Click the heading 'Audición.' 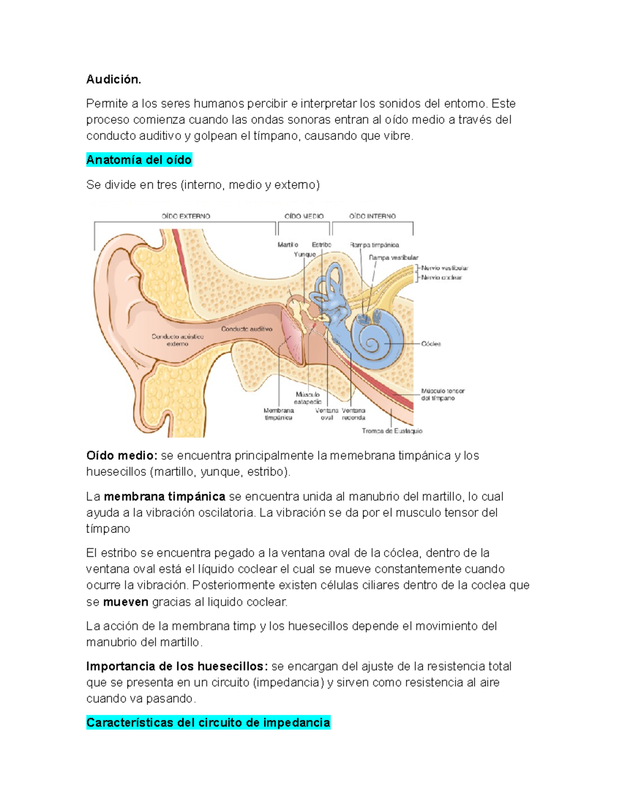click(x=114, y=79)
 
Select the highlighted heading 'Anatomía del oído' click(x=139, y=160)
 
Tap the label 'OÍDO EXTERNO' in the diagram click(x=186, y=216)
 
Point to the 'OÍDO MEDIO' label click(x=304, y=216)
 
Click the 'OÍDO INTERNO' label click(x=372, y=216)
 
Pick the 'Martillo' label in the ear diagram click(x=288, y=245)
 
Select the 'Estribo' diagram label click(x=321, y=245)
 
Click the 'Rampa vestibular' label click(x=393, y=258)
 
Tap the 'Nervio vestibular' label click(x=444, y=268)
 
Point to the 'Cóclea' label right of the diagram click(x=431, y=344)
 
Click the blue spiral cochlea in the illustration click(x=374, y=340)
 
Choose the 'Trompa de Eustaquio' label click(x=392, y=431)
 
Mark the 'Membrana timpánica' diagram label click(x=279, y=414)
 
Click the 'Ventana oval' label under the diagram click(x=327, y=414)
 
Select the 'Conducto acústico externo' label click(x=178, y=340)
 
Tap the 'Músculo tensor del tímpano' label click(x=442, y=394)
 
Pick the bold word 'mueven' click(x=125, y=602)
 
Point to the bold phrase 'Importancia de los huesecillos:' click(x=177, y=666)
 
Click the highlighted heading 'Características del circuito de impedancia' click(x=208, y=723)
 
